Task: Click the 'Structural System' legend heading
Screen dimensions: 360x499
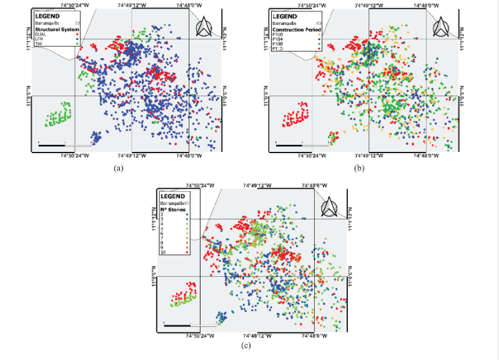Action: click(x=56, y=29)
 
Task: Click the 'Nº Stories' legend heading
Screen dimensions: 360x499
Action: click(x=174, y=209)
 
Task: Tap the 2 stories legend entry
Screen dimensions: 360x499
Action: click(x=163, y=214)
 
